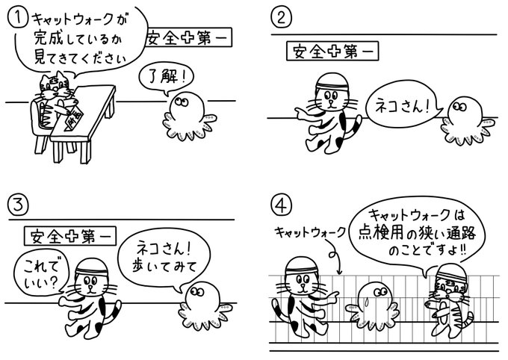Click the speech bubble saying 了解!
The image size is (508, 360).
[x=164, y=77]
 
